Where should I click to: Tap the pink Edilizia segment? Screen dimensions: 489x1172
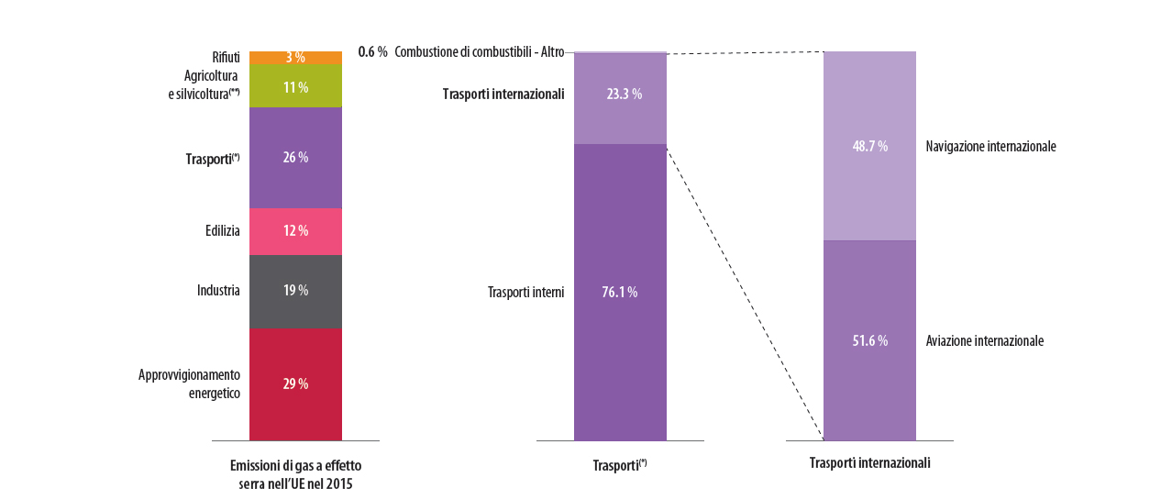tap(275, 231)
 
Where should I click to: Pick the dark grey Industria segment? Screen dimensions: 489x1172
tap(275, 291)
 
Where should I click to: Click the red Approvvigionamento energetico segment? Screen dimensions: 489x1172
tap(275, 404)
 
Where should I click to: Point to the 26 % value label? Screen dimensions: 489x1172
tap(295, 158)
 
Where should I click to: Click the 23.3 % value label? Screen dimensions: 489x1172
tap(624, 94)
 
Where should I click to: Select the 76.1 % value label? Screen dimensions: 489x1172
tap(619, 293)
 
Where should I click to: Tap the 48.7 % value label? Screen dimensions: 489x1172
tap(869, 147)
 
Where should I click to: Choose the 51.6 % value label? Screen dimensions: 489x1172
tap(869, 341)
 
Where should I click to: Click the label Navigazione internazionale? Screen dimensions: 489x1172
tap(990, 147)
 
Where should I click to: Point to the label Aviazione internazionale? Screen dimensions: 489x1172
tap(984, 341)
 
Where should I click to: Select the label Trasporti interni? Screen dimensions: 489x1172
tap(525, 293)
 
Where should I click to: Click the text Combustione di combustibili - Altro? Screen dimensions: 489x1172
tap(479, 52)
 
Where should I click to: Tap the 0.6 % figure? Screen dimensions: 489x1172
tap(372, 52)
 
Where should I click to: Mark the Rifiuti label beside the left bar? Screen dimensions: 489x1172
tap(226, 57)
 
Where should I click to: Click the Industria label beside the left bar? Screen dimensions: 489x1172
tap(218, 291)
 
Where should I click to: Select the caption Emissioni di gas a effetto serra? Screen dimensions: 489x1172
tap(295, 474)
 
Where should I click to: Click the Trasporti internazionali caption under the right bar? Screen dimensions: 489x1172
tap(869, 463)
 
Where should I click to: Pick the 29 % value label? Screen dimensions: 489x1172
tap(295, 384)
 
